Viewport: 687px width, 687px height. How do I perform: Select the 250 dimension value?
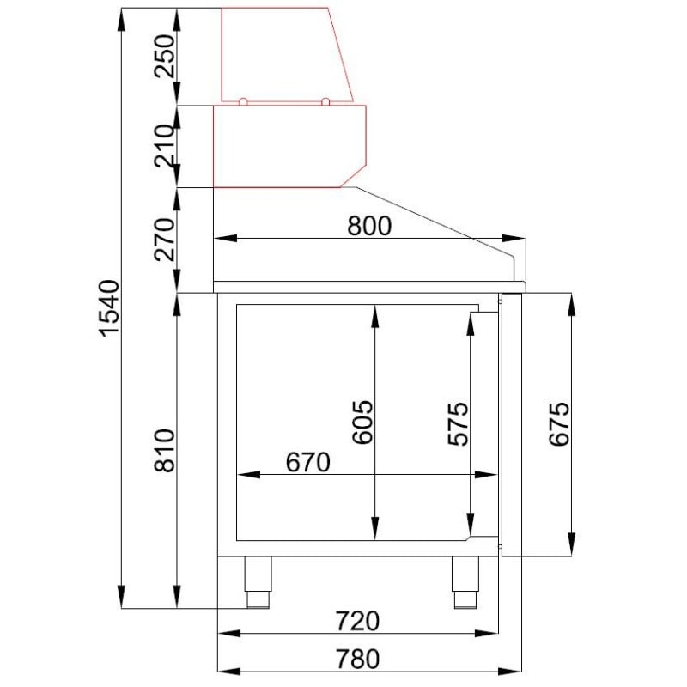[165, 57]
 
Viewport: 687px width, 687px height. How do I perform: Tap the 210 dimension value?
[165, 145]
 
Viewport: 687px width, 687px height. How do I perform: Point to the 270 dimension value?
[165, 240]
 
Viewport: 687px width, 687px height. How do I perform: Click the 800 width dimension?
[368, 226]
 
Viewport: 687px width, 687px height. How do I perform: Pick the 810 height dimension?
[165, 449]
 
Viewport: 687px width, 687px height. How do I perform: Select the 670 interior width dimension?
[307, 462]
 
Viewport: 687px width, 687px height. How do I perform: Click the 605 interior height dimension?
[364, 422]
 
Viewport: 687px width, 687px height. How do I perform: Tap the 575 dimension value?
[459, 422]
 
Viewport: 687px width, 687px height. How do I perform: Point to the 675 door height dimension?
[559, 423]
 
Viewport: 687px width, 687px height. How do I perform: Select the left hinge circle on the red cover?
[243, 101]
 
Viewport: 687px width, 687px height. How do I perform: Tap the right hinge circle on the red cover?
[325, 101]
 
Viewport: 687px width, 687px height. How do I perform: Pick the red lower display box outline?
[288, 146]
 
